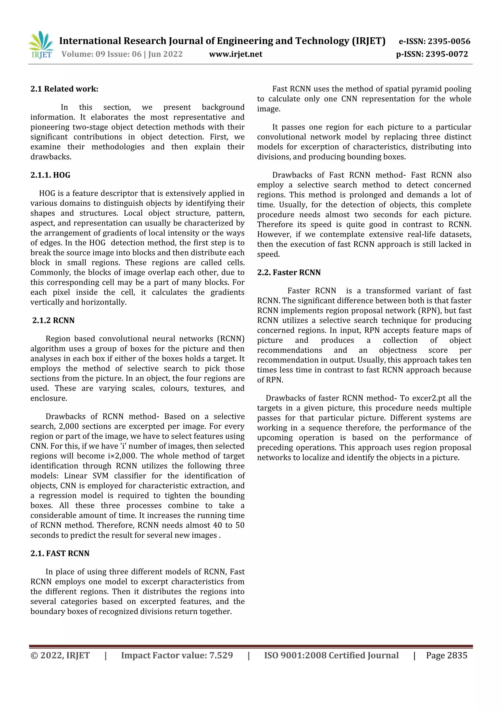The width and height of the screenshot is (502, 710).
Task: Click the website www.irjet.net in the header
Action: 236,54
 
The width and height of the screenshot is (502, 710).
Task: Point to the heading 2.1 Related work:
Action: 64,89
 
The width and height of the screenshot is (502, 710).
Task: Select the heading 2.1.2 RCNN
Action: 53,320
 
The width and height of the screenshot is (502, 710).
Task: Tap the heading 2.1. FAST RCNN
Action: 60,554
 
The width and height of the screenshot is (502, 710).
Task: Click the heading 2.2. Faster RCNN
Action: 289,272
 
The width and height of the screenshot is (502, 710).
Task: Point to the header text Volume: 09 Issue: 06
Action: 101,54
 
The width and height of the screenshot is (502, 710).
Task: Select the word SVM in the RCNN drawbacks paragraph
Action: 100,476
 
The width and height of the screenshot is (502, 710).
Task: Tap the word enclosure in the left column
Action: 49,398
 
